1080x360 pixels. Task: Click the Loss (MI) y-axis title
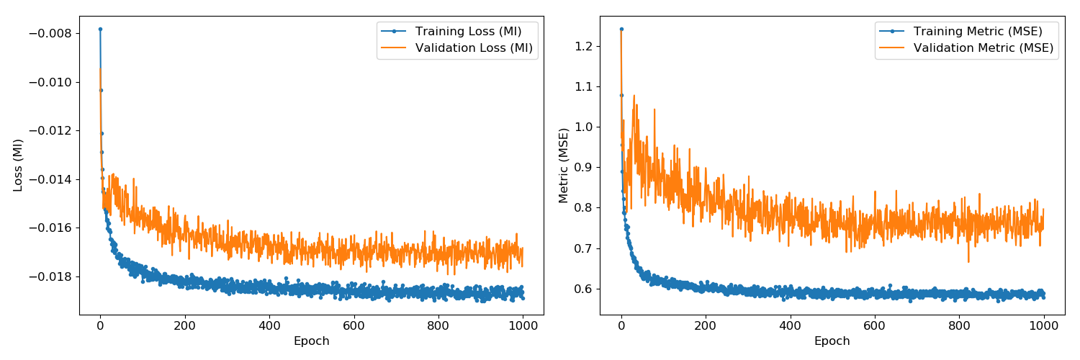pyautogui.click(x=19, y=165)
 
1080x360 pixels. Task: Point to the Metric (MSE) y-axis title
pyautogui.click(x=564, y=165)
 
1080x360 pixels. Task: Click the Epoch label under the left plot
pyautogui.click(x=311, y=341)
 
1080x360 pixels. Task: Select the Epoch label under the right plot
pyautogui.click(x=832, y=341)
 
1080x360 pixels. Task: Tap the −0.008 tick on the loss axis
pyautogui.click(x=50, y=33)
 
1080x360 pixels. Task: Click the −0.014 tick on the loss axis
pyautogui.click(x=50, y=179)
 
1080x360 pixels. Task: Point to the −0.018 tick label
pyautogui.click(x=50, y=276)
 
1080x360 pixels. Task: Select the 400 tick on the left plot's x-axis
pyautogui.click(x=269, y=325)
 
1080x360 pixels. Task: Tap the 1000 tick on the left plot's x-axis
pyautogui.click(x=523, y=325)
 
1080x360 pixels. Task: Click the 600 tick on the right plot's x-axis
pyautogui.click(x=875, y=325)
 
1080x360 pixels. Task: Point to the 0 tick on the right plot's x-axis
pyautogui.click(x=621, y=325)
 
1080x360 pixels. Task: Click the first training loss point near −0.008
pyautogui.click(x=100, y=29)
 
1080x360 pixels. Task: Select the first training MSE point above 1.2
pyautogui.click(x=621, y=29)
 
